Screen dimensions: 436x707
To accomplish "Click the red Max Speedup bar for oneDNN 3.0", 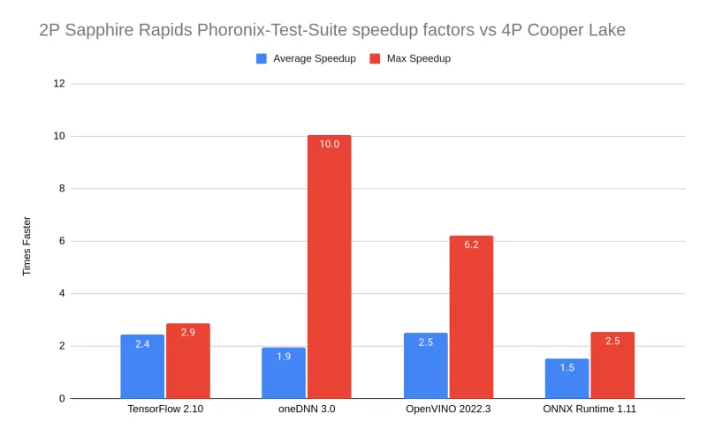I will tap(329, 265).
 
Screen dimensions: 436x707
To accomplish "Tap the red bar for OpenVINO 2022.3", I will tap(471, 318).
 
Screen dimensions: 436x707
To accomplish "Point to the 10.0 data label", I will tap(329, 143).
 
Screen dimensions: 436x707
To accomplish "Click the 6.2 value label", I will tap(471, 244).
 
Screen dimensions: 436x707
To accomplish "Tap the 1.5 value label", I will tap(567, 367).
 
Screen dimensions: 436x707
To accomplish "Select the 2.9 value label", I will tap(188, 332).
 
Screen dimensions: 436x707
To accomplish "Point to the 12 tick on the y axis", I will tap(59, 84).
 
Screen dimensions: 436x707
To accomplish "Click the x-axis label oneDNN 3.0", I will tap(306, 410).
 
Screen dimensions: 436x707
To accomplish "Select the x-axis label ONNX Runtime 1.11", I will tap(589, 410).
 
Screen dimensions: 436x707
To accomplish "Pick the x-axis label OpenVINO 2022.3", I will tap(448, 410).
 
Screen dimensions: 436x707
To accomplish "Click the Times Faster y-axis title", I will tap(27, 246).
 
